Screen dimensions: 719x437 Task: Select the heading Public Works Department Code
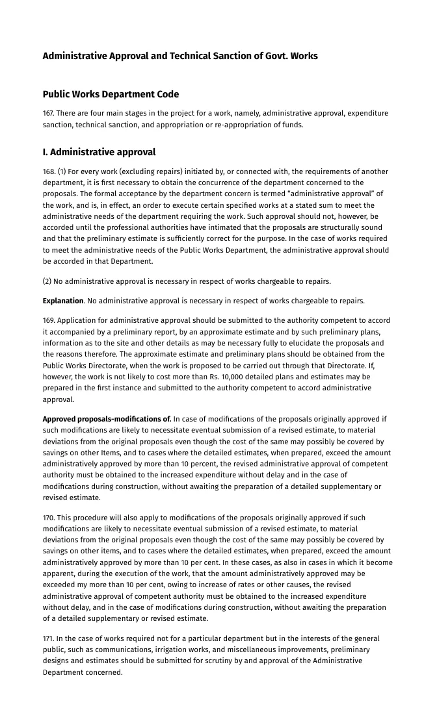pyautogui.click(x=111, y=94)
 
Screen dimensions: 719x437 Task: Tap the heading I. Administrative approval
pyautogui.click(x=99, y=152)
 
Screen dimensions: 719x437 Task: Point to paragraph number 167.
pyautogui.click(x=49, y=113)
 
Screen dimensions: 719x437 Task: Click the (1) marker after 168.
pyautogui.click(x=62, y=171)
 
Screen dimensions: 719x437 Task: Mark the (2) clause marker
pyautogui.click(x=48, y=281)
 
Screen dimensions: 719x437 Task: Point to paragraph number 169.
pyautogui.click(x=49, y=320)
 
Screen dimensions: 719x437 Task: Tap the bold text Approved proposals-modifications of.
pyautogui.click(x=107, y=418)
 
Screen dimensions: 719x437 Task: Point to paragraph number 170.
pyautogui.click(x=49, y=518)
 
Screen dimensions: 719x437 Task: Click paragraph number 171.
pyautogui.click(x=49, y=638)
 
